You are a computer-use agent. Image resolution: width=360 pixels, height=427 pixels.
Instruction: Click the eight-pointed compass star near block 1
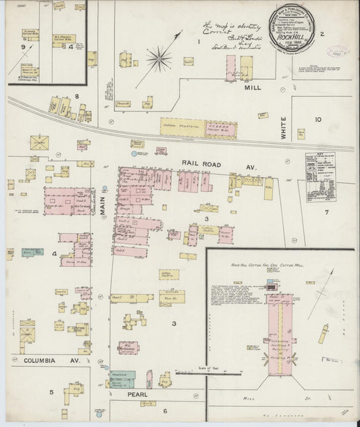[159, 59]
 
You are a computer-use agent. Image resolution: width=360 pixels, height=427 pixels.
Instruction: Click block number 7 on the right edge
[326, 212]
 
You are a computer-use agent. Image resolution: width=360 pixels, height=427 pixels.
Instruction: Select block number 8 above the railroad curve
[77, 97]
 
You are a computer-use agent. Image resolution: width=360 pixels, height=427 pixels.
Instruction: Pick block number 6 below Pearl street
[164, 409]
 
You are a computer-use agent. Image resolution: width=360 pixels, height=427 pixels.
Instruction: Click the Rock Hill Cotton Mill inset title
[267, 266]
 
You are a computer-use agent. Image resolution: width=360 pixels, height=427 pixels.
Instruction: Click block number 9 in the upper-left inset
[23, 47]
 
